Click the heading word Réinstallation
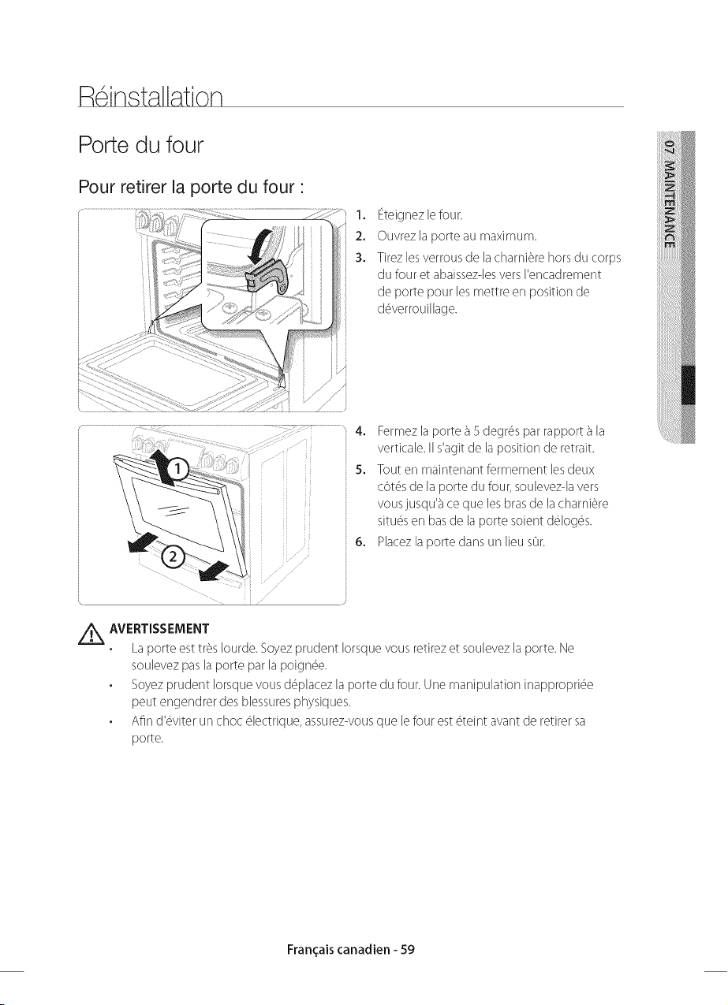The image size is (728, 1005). (151, 95)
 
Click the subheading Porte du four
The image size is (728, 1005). (141, 145)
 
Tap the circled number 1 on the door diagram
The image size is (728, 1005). (178, 469)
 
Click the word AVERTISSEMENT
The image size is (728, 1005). (159, 628)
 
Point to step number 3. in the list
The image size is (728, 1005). (360, 258)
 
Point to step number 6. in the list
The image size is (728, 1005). (360, 542)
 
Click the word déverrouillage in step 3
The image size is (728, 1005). (417, 310)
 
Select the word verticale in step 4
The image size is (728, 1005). (401, 448)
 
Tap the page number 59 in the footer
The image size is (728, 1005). (407, 949)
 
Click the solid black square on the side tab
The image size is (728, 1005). (688, 385)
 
